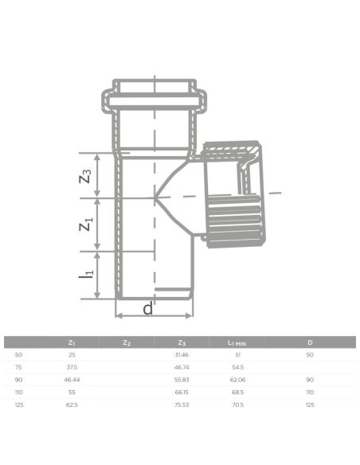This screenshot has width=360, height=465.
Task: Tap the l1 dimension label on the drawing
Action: [88, 276]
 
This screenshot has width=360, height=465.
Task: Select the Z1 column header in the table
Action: [72, 343]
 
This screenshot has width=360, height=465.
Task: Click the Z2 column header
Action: [127, 343]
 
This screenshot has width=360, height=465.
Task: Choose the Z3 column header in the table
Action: [182, 343]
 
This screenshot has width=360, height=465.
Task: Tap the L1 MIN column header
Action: [237, 343]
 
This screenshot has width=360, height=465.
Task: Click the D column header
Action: [310, 343]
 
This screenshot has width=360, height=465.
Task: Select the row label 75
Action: [18, 368]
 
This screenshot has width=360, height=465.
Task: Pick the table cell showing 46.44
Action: [72, 381]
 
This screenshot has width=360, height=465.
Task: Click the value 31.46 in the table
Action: [182, 355]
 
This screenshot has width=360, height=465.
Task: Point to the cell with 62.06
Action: [237, 381]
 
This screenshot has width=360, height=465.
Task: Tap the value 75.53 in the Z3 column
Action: [182, 405]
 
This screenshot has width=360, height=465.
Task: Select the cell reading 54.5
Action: [237, 368]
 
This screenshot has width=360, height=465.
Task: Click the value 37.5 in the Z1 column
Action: [72, 368]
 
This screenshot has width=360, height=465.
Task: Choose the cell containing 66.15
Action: [182, 393]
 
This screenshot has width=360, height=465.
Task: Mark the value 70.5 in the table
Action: [237, 405]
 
